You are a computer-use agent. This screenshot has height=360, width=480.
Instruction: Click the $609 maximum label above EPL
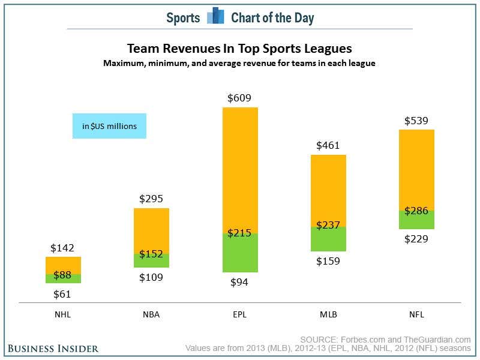[240, 98]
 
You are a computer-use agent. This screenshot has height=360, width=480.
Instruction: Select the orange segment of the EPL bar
[240, 168]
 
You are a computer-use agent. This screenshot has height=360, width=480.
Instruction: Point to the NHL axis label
[63, 314]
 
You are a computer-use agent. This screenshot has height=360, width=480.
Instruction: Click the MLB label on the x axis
[328, 314]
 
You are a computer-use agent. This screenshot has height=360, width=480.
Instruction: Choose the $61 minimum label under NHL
[63, 294]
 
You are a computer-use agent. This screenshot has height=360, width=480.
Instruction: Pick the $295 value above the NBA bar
[151, 199]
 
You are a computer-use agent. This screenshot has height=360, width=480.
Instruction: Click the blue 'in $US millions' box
[109, 126]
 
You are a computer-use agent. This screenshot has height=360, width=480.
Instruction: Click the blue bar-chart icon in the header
[215, 17]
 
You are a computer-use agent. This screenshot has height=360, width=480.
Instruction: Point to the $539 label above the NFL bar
[416, 120]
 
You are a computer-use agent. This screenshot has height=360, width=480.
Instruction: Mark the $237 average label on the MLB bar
[328, 226]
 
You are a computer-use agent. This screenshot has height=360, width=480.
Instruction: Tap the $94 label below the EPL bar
[240, 283]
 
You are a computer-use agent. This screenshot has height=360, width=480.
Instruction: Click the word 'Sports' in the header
[183, 17]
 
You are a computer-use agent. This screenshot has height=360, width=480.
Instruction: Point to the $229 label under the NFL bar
[416, 239]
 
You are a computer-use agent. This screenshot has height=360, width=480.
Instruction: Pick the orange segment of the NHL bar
[63, 265]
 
